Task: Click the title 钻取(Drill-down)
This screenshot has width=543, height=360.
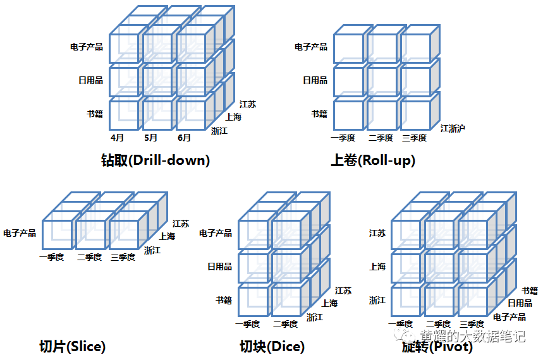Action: (155, 160)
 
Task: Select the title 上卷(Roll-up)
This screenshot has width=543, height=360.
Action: (373, 160)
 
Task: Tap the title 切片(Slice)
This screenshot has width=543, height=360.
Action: (72, 346)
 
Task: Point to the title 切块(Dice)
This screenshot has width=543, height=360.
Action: (272, 346)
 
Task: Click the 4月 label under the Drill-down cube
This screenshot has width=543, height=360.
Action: (117, 138)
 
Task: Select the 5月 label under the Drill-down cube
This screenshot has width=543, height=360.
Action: (150, 138)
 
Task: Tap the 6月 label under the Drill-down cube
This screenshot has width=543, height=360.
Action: (184, 138)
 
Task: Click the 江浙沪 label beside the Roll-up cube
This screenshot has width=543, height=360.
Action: (453, 128)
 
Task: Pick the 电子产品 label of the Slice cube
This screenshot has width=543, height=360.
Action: (20, 233)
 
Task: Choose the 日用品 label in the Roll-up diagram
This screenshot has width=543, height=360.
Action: (315, 80)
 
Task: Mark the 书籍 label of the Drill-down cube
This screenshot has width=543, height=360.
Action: (95, 114)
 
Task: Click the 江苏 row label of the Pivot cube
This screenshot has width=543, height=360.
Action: (377, 233)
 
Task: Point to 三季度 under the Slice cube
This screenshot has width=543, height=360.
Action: (123, 257)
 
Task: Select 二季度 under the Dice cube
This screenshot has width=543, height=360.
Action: (286, 324)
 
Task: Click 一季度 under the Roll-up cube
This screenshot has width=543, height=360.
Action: (343, 138)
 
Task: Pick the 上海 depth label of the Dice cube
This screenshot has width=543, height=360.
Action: (329, 303)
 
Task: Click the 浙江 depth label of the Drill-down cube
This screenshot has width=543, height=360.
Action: (219, 131)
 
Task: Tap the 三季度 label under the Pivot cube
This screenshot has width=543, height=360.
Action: (472, 324)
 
